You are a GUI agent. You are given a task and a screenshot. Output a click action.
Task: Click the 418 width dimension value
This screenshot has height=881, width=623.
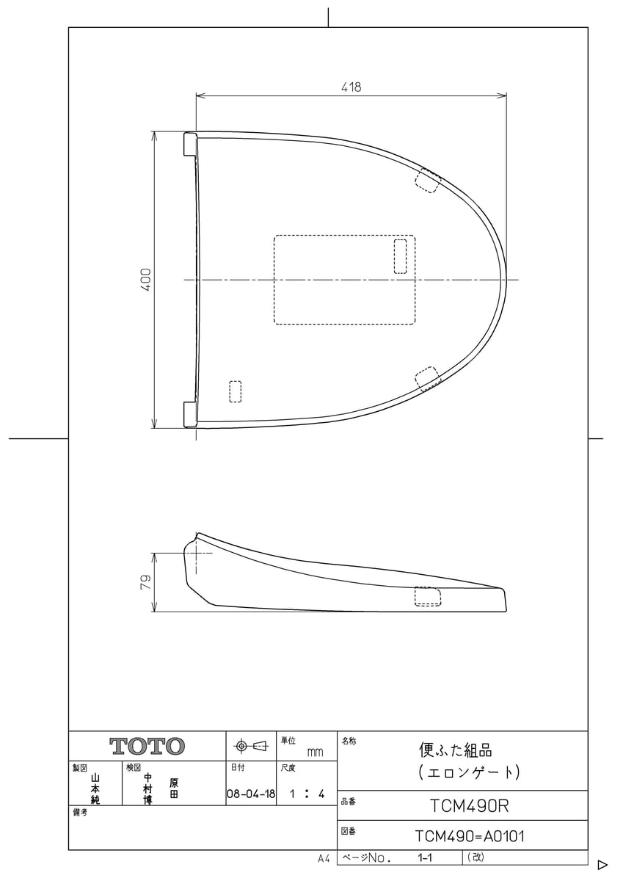(351, 87)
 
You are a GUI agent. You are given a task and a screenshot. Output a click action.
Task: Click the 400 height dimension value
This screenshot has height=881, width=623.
(146, 280)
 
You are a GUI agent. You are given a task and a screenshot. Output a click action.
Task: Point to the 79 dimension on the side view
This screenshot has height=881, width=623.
(146, 582)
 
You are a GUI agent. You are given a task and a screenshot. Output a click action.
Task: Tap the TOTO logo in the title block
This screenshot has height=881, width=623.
(147, 746)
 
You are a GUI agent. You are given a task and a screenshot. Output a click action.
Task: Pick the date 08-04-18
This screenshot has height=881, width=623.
(251, 794)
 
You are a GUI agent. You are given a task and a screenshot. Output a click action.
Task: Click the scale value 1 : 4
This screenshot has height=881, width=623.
(307, 794)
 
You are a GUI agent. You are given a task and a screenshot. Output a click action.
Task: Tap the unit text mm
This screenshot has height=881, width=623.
(315, 753)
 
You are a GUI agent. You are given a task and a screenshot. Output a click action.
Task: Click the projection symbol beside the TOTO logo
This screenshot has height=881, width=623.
(250, 745)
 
